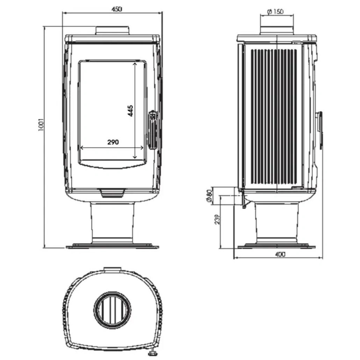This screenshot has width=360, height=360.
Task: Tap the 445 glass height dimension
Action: tap(130, 111)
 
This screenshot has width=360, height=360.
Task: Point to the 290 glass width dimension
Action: tap(113, 142)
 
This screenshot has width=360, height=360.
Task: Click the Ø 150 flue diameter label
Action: tap(275, 12)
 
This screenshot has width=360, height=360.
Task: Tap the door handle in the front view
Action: tap(153, 130)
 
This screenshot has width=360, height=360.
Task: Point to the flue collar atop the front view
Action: tap(113, 30)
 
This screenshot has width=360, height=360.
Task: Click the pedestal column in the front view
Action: tap(112, 222)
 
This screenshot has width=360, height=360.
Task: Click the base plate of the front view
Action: tap(112, 246)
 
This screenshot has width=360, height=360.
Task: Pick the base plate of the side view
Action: tap(276, 246)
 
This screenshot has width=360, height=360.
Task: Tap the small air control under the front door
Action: tap(112, 193)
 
